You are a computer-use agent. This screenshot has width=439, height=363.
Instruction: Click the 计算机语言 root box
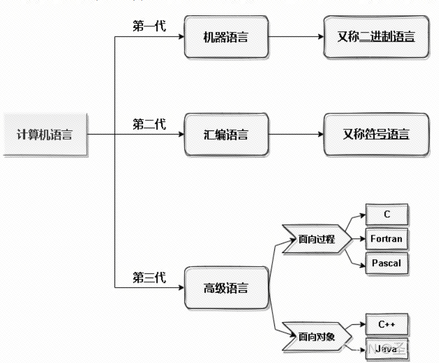pos(45,135)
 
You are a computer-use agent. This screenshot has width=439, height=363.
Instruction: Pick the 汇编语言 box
pos(226,135)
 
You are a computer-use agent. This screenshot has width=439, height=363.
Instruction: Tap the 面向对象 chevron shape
pos(316,336)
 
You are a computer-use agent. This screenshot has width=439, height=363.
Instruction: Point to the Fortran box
pos(387,239)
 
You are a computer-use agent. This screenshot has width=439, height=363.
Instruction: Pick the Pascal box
pos(387,263)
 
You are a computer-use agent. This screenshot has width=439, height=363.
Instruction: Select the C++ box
pos(387,324)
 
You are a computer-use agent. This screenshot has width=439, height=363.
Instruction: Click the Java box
pos(387,348)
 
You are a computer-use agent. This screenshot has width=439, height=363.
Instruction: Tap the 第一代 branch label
pos(149,26)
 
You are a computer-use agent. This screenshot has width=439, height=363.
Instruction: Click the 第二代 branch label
pos(149,124)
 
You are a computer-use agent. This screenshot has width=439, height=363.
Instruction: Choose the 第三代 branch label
pos(149,278)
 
